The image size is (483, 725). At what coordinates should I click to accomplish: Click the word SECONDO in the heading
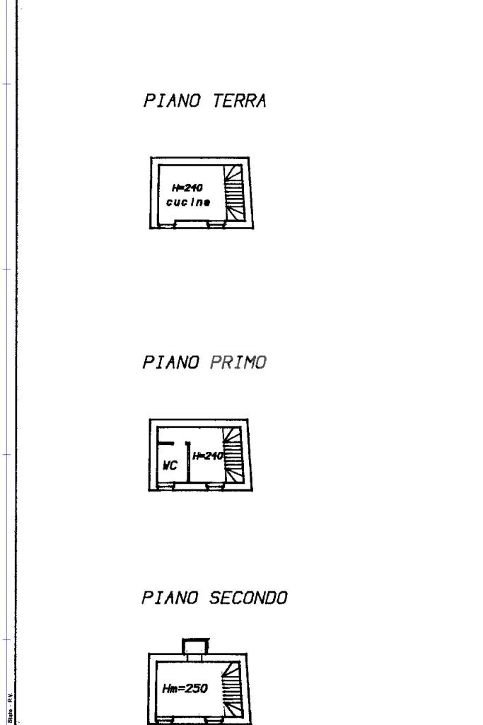tap(249, 598)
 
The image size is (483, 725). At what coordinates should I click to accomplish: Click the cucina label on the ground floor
tap(187, 202)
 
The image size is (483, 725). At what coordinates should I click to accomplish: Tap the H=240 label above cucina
tap(187, 188)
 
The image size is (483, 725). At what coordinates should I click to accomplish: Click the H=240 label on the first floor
tap(207, 455)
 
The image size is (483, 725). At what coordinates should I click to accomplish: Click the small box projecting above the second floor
tap(195, 645)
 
